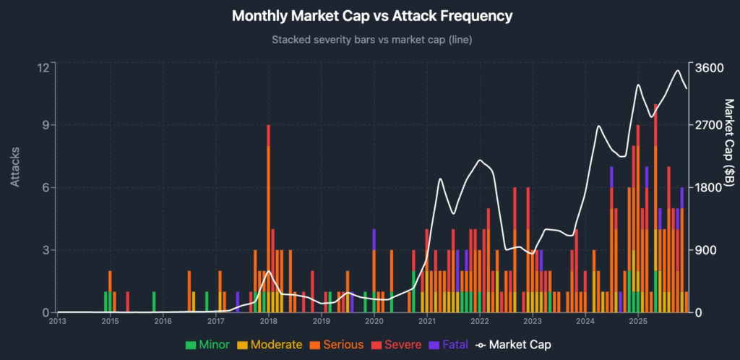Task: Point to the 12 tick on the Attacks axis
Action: pos(43,67)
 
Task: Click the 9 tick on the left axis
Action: pos(45,125)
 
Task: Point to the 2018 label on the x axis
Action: pos(268,321)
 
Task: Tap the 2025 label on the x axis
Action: pos(637,321)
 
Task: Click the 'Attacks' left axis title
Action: pos(15,168)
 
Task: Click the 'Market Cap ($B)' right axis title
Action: pos(729,140)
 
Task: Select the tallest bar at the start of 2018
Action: pos(268,217)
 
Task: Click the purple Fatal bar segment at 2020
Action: pos(374,239)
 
